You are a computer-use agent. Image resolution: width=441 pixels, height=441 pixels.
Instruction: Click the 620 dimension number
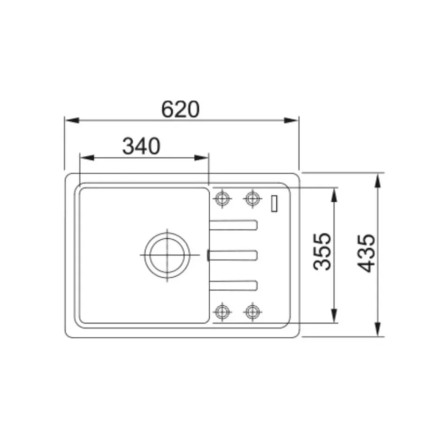tap(180, 109)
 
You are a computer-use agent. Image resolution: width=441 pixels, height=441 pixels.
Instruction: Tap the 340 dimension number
tap(142, 146)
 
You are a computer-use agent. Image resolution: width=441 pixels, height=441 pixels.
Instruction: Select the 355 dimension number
tap(322, 252)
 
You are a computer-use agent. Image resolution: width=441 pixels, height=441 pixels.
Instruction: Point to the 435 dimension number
tap(366, 253)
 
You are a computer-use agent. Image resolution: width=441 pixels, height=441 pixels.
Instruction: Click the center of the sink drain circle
tap(167, 255)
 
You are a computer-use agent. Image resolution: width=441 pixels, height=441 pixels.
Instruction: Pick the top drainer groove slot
tap(233, 225)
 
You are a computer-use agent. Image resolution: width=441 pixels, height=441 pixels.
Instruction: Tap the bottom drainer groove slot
tap(233, 285)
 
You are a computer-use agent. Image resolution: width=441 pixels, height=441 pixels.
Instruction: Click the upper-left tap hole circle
tap(222, 198)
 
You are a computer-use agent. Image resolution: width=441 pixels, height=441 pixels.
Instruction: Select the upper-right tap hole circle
tap(252, 198)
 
